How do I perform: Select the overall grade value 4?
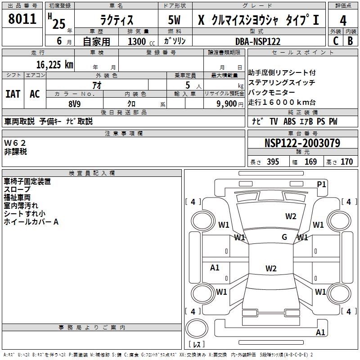(343, 21)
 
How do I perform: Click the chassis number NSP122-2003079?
(302, 144)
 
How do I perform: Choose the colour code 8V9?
(74, 103)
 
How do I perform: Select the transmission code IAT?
(13, 94)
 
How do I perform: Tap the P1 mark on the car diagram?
(321, 184)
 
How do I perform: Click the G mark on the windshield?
(284, 237)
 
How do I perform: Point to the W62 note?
(15, 143)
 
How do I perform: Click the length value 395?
(272, 162)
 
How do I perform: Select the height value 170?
(346, 162)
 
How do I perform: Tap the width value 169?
(310, 162)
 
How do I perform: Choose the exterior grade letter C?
(335, 41)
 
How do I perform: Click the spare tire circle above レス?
(196, 329)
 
